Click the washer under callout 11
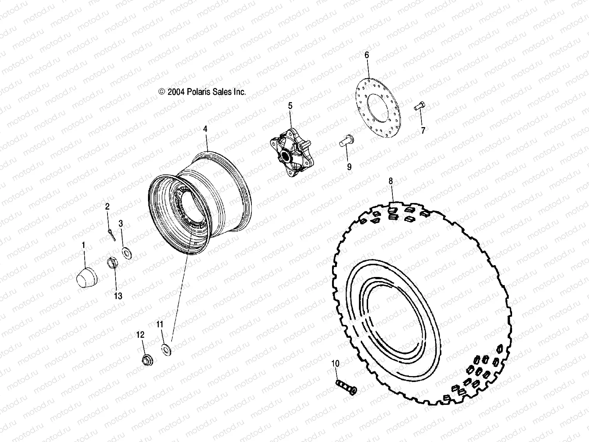pos(166,348)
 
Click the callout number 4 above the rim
pos(205,129)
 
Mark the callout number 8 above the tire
pos(391,180)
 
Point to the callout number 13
pos(118,296)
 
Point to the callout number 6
pos(367,55)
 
